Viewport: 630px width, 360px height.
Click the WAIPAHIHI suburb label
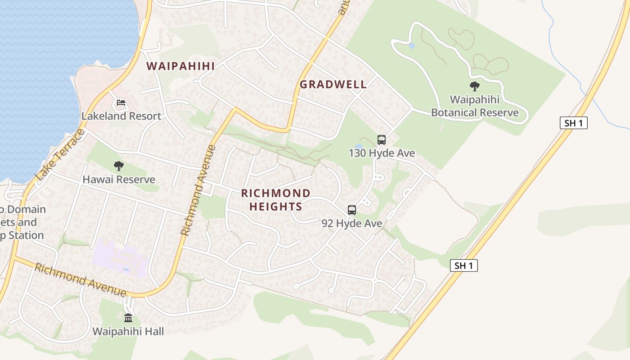(x=180, y=66)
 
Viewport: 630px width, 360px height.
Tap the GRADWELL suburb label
(x=333, y=84)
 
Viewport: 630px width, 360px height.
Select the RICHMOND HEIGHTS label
(x=276, y=200)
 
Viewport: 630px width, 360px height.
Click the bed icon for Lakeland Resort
(x=121, y=103)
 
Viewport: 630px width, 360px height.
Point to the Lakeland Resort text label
(x=121, y=116)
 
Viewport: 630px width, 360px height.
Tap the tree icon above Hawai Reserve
(x=119, y=166)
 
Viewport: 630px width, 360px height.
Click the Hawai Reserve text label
(x=119, y=180)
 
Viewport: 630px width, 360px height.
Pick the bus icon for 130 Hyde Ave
(x=382, y=140)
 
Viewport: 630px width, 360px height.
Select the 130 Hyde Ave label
(x=382, y=153)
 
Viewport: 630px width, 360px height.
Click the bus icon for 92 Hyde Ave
(x=352, y=210)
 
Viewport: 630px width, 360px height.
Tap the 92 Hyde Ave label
(x=352, y=223)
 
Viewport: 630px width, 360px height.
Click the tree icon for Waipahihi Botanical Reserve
(x=474, y=86)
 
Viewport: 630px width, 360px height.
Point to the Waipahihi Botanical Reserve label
(x=475, y=106)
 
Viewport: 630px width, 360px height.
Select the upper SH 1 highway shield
(x=574, y=123)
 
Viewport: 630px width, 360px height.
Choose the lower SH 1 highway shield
(x=464, y=265)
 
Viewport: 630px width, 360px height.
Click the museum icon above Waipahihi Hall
(x=128, y=318)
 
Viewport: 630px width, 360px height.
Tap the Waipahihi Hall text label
(x=128, y=332)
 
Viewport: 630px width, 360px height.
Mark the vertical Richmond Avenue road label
(x=198, y=190)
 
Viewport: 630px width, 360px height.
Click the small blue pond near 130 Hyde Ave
(x=358, y=146)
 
